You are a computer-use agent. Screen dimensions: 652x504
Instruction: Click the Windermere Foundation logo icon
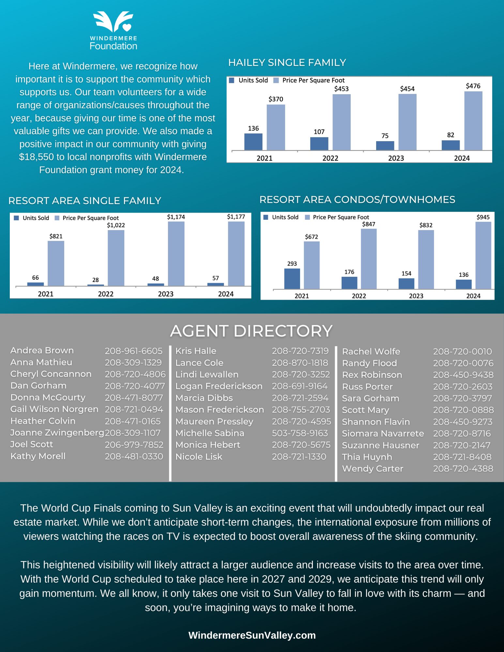click(x=113, y=22)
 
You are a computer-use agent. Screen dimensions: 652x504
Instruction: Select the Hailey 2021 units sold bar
click(x=253, y=142)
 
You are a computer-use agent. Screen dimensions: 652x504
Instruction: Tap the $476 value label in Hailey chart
click(x=473, y=86)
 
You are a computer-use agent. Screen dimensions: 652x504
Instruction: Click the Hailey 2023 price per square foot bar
click(x=407, y=122)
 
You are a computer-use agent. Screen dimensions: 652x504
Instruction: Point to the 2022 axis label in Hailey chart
click(x=330, y=158)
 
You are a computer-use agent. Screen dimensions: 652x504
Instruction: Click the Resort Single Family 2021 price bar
click(x=56, y=263)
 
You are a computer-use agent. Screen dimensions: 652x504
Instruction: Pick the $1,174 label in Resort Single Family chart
click(x=176, y=217)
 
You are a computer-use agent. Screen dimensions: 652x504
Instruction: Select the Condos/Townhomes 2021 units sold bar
click(x=292, y=279)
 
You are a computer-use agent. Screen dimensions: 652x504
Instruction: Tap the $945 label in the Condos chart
click(x=483, y=217)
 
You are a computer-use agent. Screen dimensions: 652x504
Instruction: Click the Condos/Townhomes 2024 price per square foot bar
click(x=483, y=256)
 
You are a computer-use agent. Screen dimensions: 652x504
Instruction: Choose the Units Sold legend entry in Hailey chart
click(x=249, y=81)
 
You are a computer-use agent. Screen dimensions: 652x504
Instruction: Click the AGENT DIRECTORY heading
click(x=252, y=331)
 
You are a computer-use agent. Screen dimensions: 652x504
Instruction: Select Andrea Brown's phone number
click(x=133, y=351)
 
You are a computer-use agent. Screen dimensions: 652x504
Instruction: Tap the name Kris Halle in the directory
click(x=196, y=351)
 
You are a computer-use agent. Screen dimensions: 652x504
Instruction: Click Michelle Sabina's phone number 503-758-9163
click(x=300, y=433)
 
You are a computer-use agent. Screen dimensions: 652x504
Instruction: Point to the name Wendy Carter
click(x=373, y=469)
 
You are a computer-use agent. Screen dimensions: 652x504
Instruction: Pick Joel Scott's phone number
click(x=134, y=445)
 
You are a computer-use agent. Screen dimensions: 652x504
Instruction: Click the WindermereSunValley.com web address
click(x=252, y=635)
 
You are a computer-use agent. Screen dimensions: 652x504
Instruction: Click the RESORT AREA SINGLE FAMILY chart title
click(x=85, y=201)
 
